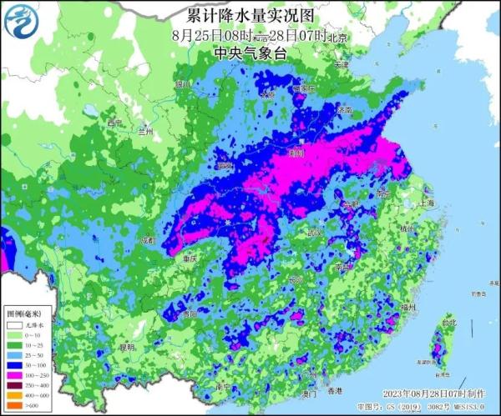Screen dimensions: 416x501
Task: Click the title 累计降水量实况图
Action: pos(250,16)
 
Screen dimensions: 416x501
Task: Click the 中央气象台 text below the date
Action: pos(250,53)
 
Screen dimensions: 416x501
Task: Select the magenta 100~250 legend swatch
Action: pos(14,376)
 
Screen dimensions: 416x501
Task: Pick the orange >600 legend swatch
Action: pos(14,405)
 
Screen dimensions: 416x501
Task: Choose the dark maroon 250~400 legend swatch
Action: pos(14,385)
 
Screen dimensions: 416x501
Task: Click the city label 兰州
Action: pos(147,131)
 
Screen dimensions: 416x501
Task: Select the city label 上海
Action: pos(428,203)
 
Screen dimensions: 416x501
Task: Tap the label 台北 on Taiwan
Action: pos(449,322)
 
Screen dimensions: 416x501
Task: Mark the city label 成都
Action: pos(149,240)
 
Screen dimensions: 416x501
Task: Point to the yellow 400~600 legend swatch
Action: pos(14,395)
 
